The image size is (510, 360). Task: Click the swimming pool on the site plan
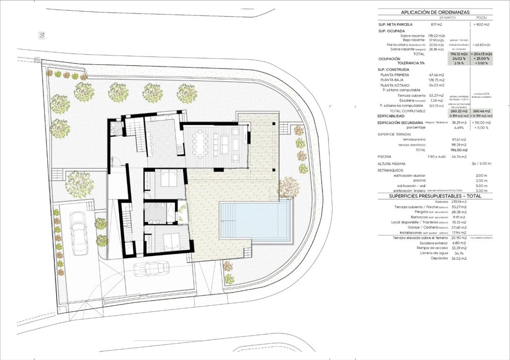pyautogui.click(x=255, y=221)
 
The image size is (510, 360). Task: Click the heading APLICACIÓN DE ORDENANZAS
pyautogui.click(x=435, y=13)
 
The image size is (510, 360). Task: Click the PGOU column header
pyautogui.click(x=482, y=17)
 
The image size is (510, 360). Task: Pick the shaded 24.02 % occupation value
pyautogui.click(x=458, y=59)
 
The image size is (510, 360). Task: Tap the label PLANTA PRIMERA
pyautogui.click(x=395, y=75)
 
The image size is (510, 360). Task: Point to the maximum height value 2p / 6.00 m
pyautogui.click(x=481, y=164)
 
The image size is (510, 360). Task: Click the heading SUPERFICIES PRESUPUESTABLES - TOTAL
pyautogui.click(x=435, y=196)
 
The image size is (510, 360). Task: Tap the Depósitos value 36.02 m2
pyautogui.click(x=458, y=259)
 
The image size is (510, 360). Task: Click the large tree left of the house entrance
pyautogui.click(x=79, y=184)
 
